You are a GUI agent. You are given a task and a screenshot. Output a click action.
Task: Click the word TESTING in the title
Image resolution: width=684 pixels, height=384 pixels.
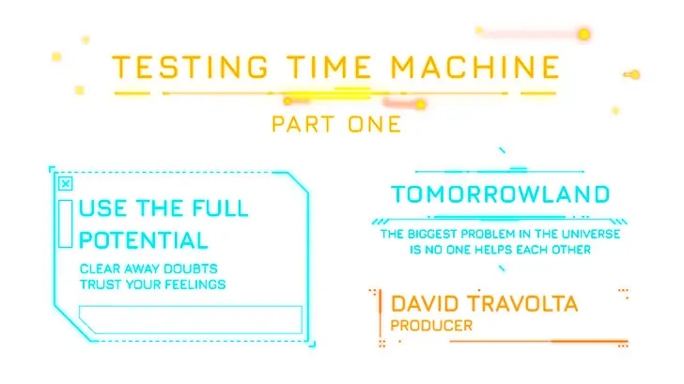[191, 67]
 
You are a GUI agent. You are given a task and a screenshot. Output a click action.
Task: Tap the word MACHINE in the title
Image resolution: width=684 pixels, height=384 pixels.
[475, 67]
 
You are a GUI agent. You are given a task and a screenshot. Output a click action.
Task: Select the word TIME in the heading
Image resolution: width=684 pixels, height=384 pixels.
[330, 67]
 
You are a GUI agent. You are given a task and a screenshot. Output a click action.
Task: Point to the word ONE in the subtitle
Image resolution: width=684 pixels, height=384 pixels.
[374, 124]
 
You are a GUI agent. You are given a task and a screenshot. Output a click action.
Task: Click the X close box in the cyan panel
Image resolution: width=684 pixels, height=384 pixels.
[66, 184]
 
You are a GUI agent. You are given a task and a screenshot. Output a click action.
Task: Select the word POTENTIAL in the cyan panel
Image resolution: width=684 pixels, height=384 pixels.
[144, 240]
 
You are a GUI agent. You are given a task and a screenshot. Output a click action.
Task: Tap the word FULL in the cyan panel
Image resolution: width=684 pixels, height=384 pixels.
[220, 208]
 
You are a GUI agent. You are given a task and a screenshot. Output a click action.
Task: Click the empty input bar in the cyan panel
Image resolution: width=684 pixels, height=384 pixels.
[191, 320]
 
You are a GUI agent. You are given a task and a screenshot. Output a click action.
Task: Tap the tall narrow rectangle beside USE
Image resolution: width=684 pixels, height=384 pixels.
[66, 223]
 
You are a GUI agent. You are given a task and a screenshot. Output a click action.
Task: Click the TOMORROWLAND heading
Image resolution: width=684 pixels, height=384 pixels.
[501, 194]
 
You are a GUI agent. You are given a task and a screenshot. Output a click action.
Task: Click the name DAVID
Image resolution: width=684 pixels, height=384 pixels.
[425, 304]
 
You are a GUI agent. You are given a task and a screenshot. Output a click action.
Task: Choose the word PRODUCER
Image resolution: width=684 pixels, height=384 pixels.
[431, 326]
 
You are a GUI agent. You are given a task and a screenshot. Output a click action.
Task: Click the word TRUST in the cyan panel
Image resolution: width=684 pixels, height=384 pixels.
[101, 284]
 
